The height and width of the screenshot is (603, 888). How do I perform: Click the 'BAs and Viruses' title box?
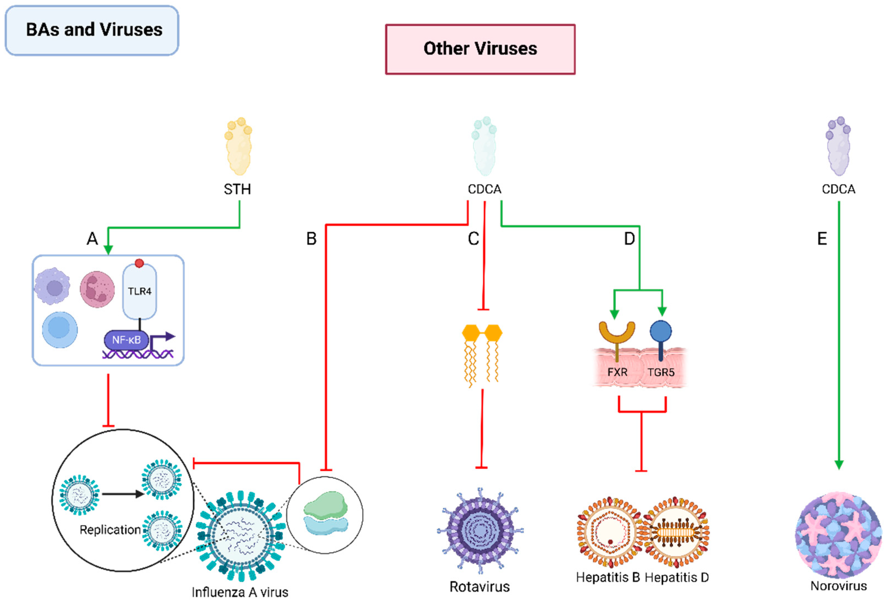coord(92,30)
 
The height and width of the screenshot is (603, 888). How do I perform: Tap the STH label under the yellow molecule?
coord(237,189)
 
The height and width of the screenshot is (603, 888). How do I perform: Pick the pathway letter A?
coord(92,239)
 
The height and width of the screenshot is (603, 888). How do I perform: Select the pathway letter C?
coord(473,239)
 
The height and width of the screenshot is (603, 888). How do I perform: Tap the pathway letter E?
coord(822,239)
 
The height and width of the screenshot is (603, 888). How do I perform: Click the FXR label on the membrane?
coord(617,372)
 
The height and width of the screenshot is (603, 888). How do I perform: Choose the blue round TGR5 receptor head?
coord(661,331)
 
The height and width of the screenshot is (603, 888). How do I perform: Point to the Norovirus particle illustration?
coord(838,535)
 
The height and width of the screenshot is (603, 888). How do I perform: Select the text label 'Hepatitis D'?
coord(677,577)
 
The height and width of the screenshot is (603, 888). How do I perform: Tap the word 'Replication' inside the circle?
coord(110,530)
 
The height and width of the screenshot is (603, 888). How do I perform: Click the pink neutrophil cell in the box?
coord(97,289)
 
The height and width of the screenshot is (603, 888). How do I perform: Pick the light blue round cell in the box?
coord(60,329)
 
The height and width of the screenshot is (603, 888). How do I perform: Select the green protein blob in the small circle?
coord(326,504)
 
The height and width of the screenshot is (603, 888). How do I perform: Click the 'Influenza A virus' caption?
coord(240,592)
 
